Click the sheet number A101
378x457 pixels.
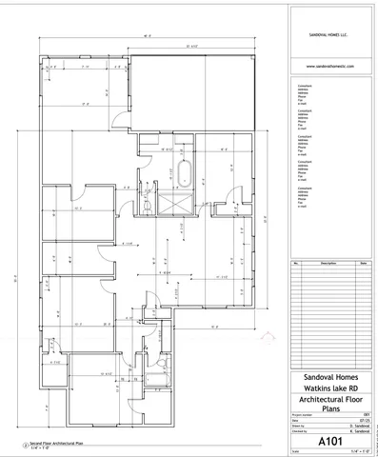329,440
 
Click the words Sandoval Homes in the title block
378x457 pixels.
329,379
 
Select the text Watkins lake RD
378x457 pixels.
329,390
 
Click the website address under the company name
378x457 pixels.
329,66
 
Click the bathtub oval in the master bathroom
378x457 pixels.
187,175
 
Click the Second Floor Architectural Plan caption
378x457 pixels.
48,443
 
